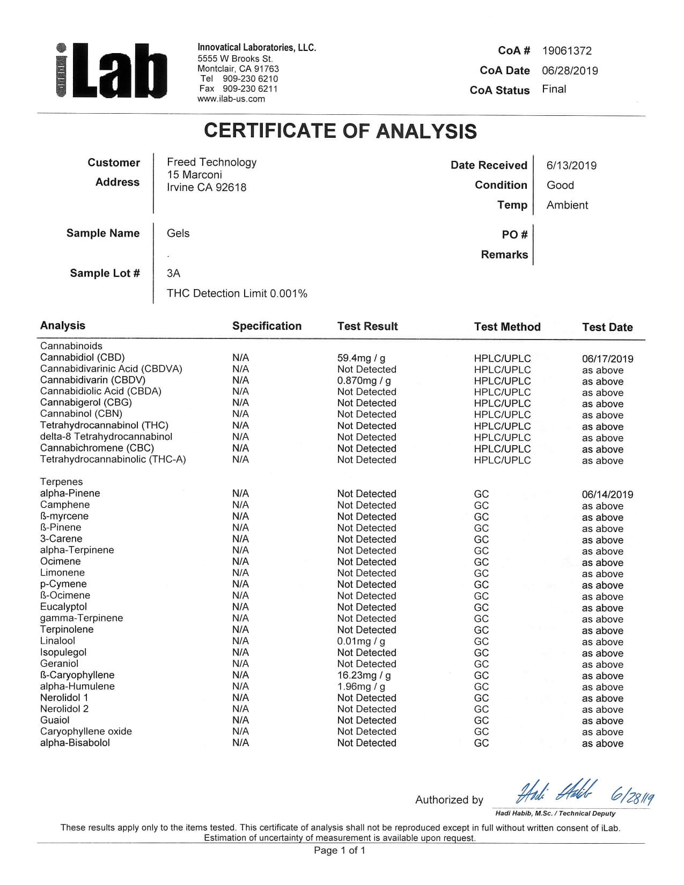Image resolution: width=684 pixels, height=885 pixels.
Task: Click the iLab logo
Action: pos(111,71)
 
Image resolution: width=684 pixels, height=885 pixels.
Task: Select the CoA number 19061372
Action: pos(567,51)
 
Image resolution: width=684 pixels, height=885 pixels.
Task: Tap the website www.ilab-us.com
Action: pos(231,99)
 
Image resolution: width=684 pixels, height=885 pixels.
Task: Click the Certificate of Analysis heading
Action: pos(340,131)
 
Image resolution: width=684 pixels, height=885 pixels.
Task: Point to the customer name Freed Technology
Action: pos(211,162)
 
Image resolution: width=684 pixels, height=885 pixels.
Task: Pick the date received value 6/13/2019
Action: pos(571,166)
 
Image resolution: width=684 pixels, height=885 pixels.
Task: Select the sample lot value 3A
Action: pos(173,273)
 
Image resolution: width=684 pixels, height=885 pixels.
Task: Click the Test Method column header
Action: pos(507,327)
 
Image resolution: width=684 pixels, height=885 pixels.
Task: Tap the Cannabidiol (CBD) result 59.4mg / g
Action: pos(361,358)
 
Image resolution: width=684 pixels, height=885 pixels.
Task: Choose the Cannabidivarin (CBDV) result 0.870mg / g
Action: pos(364,381)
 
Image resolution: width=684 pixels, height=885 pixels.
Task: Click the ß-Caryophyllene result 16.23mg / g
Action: pos(364,675)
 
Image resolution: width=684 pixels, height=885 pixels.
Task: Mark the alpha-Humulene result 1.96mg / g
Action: pos(361,687)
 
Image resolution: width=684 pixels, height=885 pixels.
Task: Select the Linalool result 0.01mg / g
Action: pos(361,641)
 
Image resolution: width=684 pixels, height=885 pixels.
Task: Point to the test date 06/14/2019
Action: pos(607,495)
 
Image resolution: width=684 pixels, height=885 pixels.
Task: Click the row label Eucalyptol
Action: pos(63,607)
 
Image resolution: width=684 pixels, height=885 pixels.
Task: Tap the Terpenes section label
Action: pos(61,482)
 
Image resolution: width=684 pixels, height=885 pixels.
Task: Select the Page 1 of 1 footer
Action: pos(340,850)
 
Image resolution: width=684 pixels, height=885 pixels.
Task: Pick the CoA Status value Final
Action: pos(554,89)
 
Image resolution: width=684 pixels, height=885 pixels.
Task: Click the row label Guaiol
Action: pos(55,720)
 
